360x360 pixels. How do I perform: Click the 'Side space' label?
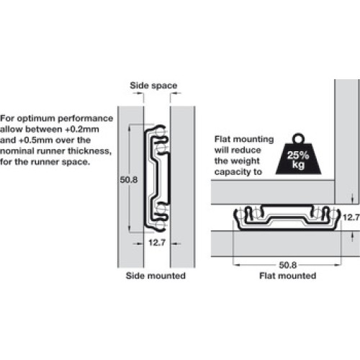click(153, 86)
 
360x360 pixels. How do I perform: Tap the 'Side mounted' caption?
click(156, 276)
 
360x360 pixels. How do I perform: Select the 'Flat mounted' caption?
click(287, 276)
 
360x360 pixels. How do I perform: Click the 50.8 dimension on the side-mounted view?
click(129, 180)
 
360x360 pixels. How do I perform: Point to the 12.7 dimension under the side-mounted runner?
click(157, 243)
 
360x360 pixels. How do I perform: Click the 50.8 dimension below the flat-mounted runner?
click(288, 265)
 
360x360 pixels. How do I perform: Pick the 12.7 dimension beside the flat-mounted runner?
click(351, 217)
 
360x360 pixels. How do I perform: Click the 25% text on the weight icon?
click(298, 156)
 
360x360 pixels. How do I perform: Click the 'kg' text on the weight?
click(298, 165)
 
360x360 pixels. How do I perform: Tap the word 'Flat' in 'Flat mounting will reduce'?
click(222, 139)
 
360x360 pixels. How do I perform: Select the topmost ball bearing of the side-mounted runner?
click(161, 132)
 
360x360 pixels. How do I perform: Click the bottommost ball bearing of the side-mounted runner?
click(161, 225)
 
